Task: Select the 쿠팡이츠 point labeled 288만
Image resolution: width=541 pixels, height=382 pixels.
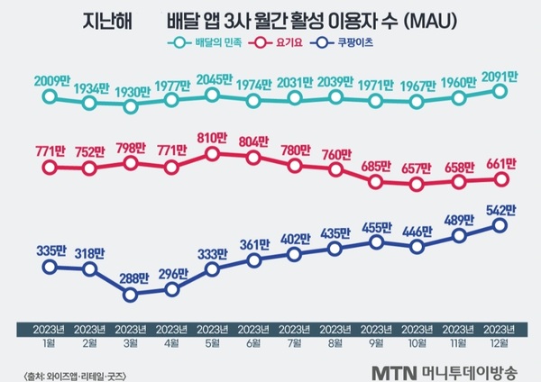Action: [131, 294]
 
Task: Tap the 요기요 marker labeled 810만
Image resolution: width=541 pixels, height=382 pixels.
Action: [213, 154]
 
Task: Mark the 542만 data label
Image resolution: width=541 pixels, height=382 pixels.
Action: [500, 209]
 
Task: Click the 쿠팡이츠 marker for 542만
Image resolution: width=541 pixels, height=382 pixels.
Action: [500, 225]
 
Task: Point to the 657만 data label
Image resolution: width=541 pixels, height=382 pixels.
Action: [418, 168]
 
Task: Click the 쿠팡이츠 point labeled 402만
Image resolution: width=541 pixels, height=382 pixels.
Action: [295, 255]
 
